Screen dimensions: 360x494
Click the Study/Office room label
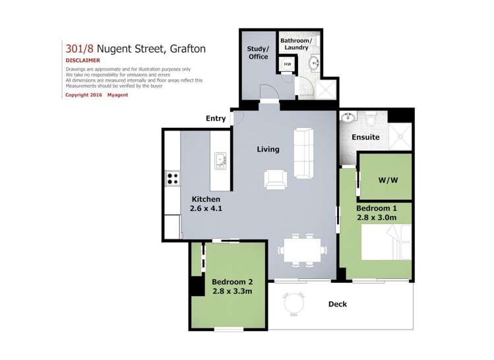tap(259, 52)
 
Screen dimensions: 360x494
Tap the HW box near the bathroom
tap(287, 65)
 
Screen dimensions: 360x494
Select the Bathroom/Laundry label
tap(299, 44)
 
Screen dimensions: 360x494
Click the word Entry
tap(216, 119)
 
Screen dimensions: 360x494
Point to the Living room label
tap(268, 149)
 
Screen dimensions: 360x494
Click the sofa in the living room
tap(303, 154)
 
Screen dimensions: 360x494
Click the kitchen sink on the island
tap(220, 160)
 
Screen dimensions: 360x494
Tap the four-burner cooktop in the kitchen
tap(172, 178)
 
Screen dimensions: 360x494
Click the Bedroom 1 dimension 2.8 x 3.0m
tap(376, 217)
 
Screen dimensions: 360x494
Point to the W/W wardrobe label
tap(386, 180)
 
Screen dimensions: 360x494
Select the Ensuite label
tap(365, 137)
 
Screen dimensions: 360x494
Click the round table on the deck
tap(293, 304)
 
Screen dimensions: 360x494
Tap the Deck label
tap(336, 304)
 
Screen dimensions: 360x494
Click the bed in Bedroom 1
tap(386, 242)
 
